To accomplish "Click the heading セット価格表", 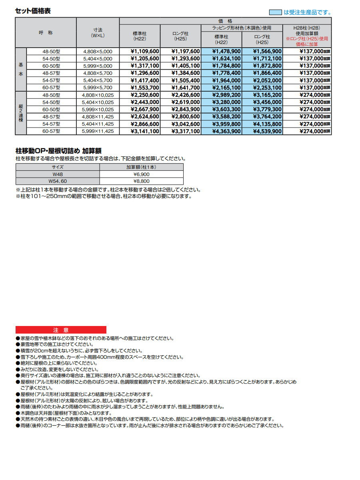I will tap(33, 11).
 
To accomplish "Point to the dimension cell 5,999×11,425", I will tap(98, 131).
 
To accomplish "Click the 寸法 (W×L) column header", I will tap(98, 32).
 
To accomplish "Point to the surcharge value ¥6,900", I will tap(141, 174).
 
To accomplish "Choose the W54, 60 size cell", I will tap(57, 182).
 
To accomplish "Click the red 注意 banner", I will tap(61, 330).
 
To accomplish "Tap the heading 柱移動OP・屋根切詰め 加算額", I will tap(58, 151).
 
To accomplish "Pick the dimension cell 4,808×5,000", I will tap(98, 51).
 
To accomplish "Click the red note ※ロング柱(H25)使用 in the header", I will tap(307, 39).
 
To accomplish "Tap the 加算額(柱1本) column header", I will tap(141, 167).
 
